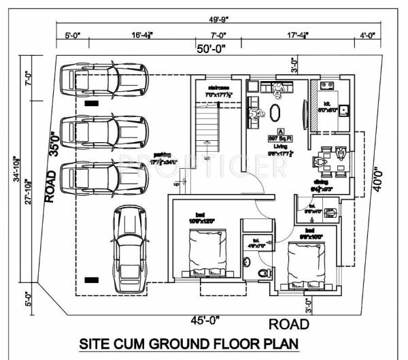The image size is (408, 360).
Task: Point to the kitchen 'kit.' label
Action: coord(326,104)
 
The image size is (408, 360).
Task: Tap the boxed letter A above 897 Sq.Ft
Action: coord(279,130)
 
